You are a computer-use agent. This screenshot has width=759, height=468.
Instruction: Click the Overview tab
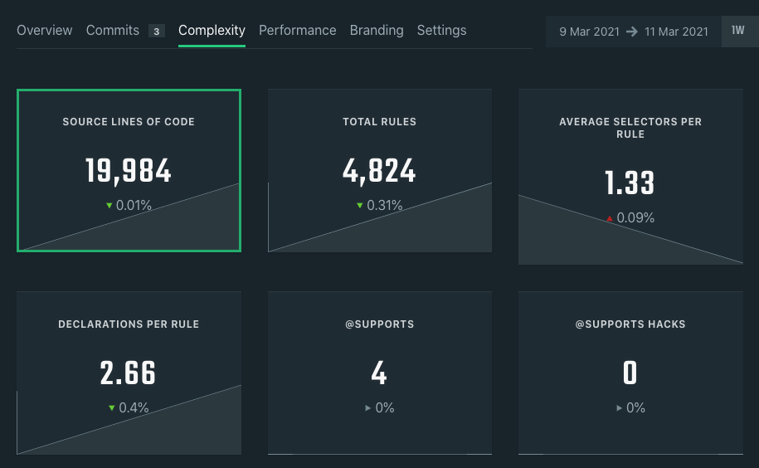click(45, 31)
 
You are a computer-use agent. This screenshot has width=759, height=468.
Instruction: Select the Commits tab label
click(113, 31)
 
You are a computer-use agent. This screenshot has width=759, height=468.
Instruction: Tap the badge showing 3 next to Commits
click(156, 32)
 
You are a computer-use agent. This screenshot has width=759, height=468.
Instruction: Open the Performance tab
click(297, 31)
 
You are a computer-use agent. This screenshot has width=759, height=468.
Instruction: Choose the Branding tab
click(377, 31)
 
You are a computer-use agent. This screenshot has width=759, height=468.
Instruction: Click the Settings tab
click(441, 31)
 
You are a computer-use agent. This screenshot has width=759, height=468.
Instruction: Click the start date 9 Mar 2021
click(588, 32)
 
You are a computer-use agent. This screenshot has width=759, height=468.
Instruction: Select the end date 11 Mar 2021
click(676, 32)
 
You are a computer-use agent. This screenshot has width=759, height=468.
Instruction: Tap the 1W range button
click(738, 31)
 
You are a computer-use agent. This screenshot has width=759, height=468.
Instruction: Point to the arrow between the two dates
click(632, 32)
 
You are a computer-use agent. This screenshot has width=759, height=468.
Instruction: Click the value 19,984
click(129, 171)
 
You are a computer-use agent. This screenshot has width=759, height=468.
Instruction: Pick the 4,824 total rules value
click(379, 171)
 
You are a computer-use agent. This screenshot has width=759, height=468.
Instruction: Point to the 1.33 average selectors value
click(630, 183)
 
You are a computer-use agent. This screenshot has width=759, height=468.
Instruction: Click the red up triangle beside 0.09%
click(610, 218)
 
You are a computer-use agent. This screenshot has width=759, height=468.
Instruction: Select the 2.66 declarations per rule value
click(129, 373)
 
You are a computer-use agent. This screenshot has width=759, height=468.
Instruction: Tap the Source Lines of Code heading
click(129, 122)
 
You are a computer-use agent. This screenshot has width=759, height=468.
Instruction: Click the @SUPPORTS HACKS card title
click(630, 324)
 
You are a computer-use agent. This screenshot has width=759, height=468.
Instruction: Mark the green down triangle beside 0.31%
click(360, 206)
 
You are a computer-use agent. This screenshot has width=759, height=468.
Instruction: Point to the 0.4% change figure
click(134, 407)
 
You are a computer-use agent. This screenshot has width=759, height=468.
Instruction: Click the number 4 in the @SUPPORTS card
click(379, 373)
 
